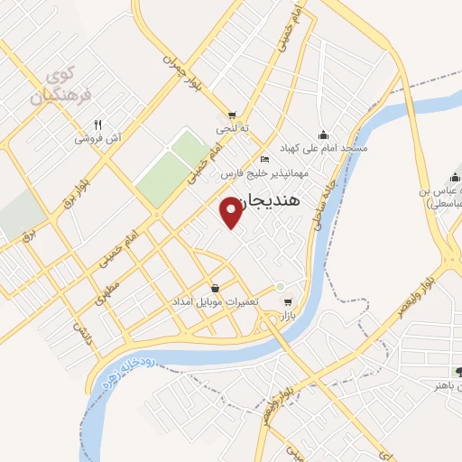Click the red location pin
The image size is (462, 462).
(232, 212)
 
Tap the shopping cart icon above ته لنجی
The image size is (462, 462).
(233, 115)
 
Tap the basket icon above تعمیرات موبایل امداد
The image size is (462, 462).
(214, 287)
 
